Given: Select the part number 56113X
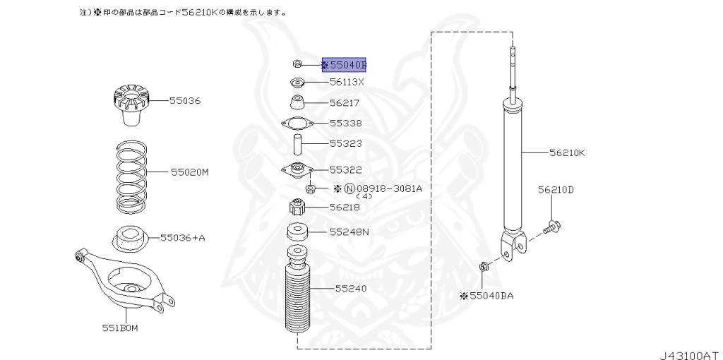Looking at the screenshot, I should click(x=347, y=82).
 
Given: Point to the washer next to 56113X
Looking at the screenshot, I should click(x=298, y=82).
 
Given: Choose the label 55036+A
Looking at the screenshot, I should click(x=182, y=238).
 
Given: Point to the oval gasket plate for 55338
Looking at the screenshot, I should click(x=297, y=124).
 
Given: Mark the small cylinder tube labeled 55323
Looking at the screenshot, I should click(x=298, y=145).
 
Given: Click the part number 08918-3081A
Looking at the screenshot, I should click(x=389, y=188).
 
